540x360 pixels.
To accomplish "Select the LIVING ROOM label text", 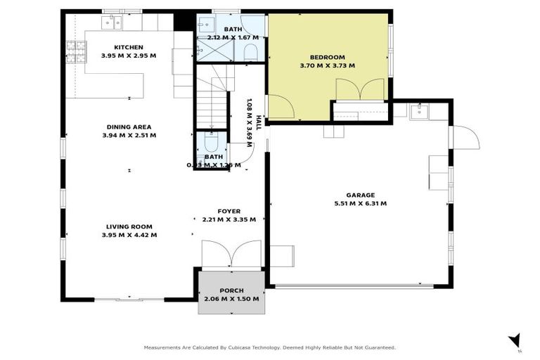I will [129, 226].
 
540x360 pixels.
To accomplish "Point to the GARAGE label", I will [360, 195].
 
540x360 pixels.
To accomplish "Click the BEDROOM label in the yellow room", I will [328, 57].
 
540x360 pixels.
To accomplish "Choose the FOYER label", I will [229, 211].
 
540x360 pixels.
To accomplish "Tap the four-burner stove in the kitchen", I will [75, 49].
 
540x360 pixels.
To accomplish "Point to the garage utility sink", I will [420, 110].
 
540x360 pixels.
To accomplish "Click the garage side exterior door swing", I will [464, 137].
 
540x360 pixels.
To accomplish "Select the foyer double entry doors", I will [231, 255].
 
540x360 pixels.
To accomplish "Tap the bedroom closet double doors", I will [360, 90].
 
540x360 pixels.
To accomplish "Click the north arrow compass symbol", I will [515, 340].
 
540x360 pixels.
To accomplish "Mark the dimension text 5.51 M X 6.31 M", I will [360, 203].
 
